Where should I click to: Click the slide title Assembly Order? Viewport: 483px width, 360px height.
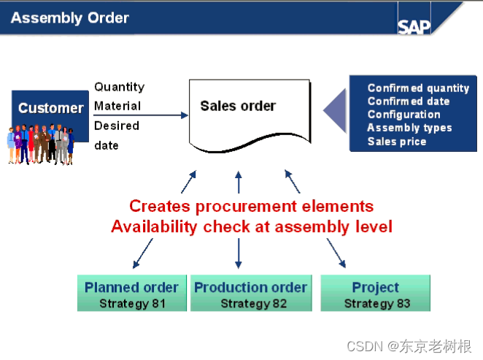[70, 18]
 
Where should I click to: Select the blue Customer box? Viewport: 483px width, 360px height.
[50, 108]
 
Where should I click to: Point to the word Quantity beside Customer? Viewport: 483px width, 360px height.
[119, 87]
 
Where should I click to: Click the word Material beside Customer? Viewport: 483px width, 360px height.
[117, 106]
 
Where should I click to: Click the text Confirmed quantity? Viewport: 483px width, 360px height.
[418, 88]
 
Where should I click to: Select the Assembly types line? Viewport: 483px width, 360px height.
[409, 128]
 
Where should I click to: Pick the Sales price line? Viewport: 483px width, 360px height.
[397, 141]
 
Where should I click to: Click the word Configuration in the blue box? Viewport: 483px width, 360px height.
[403, 115]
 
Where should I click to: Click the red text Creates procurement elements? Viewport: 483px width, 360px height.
[251, 207]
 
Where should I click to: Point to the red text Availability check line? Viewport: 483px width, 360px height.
[251, 227]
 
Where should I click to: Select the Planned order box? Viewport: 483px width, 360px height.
[131, 294]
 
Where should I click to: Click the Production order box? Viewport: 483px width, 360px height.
[250, 294]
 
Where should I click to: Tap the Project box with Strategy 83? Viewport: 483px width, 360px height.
[376, 294]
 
